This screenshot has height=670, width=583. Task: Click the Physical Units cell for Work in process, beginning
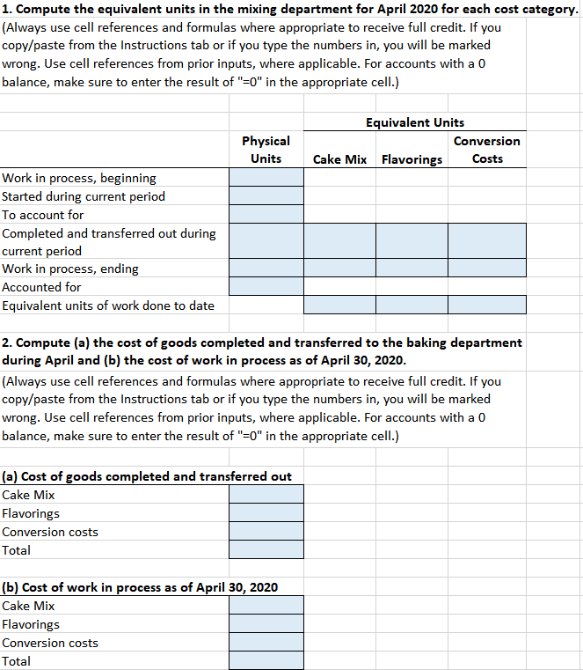tap(266, 178)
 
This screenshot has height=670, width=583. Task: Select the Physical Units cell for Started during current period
tap(266, 196)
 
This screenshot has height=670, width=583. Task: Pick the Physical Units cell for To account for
tap(266, 215)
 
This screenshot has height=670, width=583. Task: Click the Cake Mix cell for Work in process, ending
tap(339, 269)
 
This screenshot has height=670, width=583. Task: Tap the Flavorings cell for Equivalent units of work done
tap(412, 306)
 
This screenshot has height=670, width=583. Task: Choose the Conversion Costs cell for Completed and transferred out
tap(487, 240)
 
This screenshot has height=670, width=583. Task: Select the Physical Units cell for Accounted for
tap(266, 287)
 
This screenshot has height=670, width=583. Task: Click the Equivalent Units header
tap(415, 122)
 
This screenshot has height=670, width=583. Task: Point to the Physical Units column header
tap(266, 150)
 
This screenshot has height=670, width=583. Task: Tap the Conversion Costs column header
tap(487, 150)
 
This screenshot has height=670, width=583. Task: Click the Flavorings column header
tap(412, 159)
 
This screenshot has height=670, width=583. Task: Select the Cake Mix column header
tap(339, 159)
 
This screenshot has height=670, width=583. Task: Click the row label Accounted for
tap(41, 287)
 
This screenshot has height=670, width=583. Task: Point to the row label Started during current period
tap(84, 196)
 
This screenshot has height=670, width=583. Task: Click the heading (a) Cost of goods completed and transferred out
tap(147, 476)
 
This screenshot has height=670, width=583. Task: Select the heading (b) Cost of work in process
tap(140, 587)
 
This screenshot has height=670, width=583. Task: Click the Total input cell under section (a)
tap(266, 550)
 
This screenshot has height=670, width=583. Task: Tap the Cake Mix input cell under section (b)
tap(266, 606)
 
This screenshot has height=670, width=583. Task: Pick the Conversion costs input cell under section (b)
tap(266, 643)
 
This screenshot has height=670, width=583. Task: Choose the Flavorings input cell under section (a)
tap(266, 513)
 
